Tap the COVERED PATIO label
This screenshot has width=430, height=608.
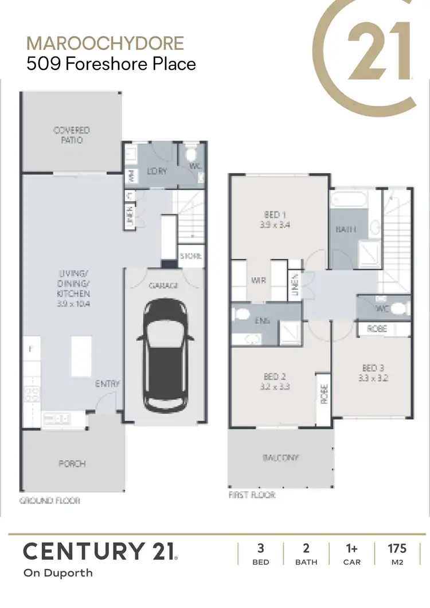tap(72, 135)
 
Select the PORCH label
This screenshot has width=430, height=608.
tap(73, 463)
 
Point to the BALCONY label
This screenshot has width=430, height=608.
tap(280, 458)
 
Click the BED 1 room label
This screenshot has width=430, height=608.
tap(273, 220)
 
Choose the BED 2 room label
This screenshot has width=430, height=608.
tap(275, 381)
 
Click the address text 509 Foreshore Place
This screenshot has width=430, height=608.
tap(111, 63)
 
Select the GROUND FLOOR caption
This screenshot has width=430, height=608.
tap(50, 500)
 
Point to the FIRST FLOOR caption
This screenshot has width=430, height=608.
tap(252, 495)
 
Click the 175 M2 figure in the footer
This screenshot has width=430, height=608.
tap(397, 554)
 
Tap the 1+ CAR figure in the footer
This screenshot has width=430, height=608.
tap(351, 554)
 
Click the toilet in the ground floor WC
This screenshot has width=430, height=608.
tap(191, 154)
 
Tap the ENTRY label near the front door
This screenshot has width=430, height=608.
tap(107, 384)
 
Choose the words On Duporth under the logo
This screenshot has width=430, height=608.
tap(58, 572)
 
